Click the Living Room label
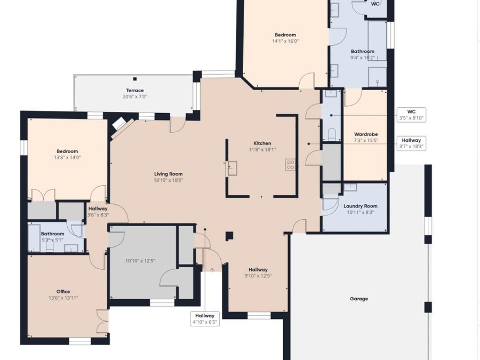pos(169,174)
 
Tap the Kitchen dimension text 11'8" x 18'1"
pos(262,150)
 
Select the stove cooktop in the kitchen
pos(291,164)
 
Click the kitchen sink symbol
pos(232,169)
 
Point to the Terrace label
pos(135,90)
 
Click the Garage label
pos(359,299)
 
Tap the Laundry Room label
pos(361,206)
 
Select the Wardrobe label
pos(366,134)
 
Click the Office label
pos(63,291)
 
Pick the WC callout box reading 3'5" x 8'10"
pos(411,115)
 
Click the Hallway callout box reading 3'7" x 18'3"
pos(411,143)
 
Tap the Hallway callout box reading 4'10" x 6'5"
pos(205,319)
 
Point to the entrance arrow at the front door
pos(212,269)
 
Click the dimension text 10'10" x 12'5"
pos(140,261)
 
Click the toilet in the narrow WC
pos(332,134)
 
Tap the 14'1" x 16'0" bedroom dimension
pos(285,41)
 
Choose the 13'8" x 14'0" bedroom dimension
pos(67,157)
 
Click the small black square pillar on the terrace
pos(135,79)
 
